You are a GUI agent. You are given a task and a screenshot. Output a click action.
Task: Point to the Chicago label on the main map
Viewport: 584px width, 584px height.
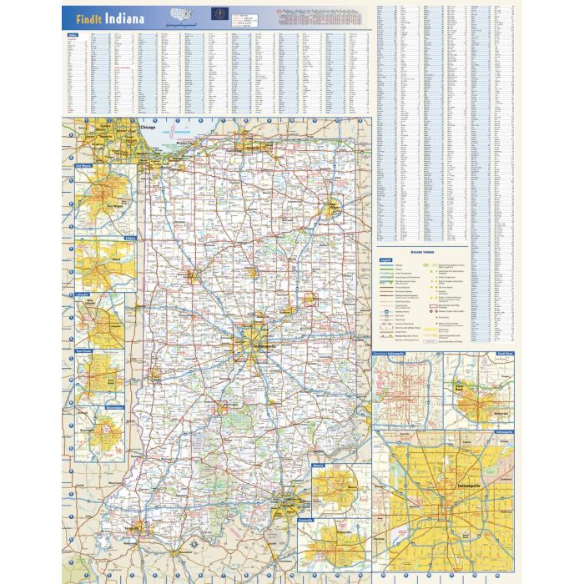pyautogui.click(x=148, y=128)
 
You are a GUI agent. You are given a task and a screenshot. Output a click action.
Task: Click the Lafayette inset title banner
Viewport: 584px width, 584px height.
pyautogui.click(x=83, y=295)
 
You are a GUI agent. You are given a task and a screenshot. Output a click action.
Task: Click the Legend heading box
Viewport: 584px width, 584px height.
pyautogui.click(x=385, y=259)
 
